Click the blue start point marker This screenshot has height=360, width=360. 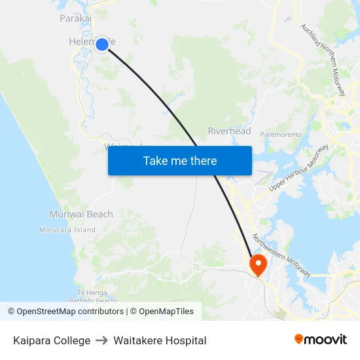coord(102,45)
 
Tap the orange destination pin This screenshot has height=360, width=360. coord(259,264)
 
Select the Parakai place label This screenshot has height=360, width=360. coord(75,18)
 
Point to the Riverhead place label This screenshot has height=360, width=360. coord(229,131)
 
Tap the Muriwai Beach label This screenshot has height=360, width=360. coord(81,214)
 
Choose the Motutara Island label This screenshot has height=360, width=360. coord(67,230)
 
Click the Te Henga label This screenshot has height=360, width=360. coord(90,292)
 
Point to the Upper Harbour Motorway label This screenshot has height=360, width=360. coord(298,168)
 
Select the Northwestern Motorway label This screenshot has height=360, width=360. coord(281,255)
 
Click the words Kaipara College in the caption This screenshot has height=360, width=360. coord(52,340)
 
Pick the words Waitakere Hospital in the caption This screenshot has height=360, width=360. coord(160,340)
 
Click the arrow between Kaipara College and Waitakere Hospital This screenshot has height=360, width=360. coord(101,340)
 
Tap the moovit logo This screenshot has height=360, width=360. coord(320,340)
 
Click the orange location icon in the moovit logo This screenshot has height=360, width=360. coord(299,339)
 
